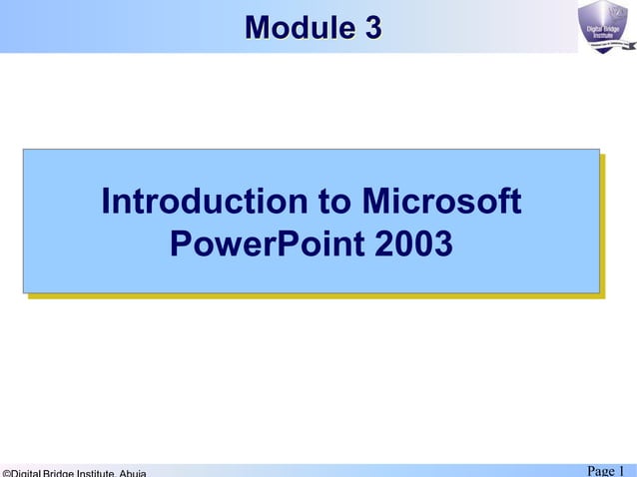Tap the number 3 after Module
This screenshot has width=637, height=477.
(372, 28)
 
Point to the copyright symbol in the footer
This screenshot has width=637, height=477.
(5, 473)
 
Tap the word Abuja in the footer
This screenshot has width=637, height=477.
(133, 473)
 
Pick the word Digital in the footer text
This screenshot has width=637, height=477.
(24, 473)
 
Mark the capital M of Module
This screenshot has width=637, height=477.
(257, 28)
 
